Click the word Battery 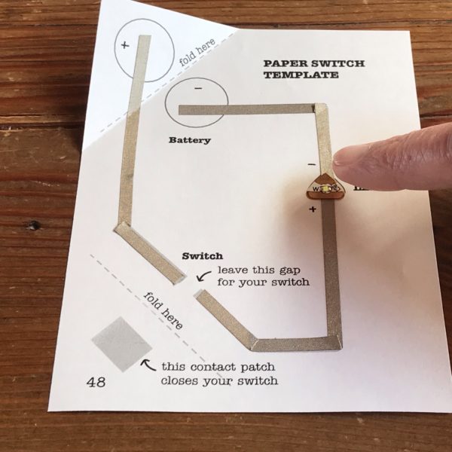(x=190, y=139)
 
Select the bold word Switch (x=203, y=256)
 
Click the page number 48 (x=96, y=382)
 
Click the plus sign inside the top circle (x=125, y=45)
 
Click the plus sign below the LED (x=313, y=209)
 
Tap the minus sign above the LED (x=312, y=163)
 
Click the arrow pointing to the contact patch (x=148, y=366)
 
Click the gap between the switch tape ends (x=190, y=286)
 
